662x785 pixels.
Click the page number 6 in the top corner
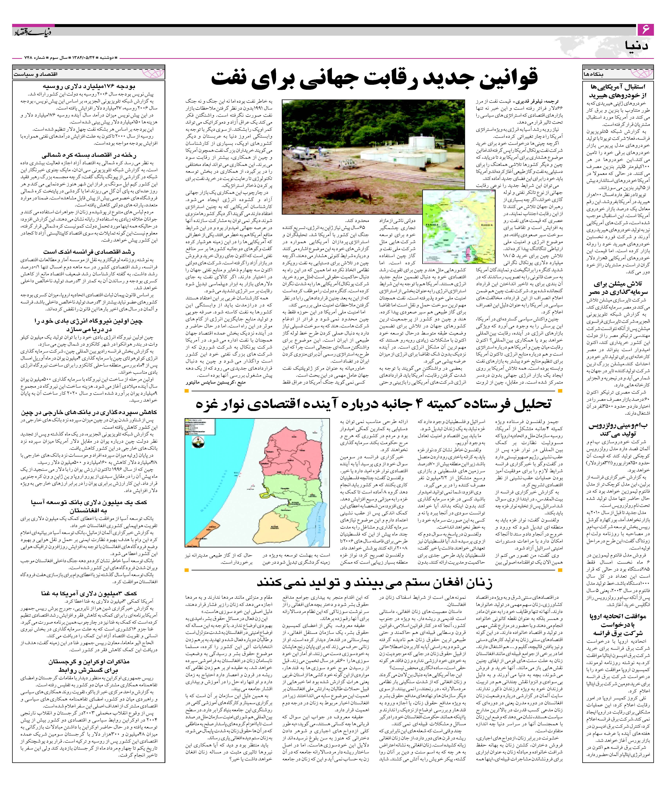646,29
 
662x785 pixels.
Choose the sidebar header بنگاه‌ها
594,74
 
